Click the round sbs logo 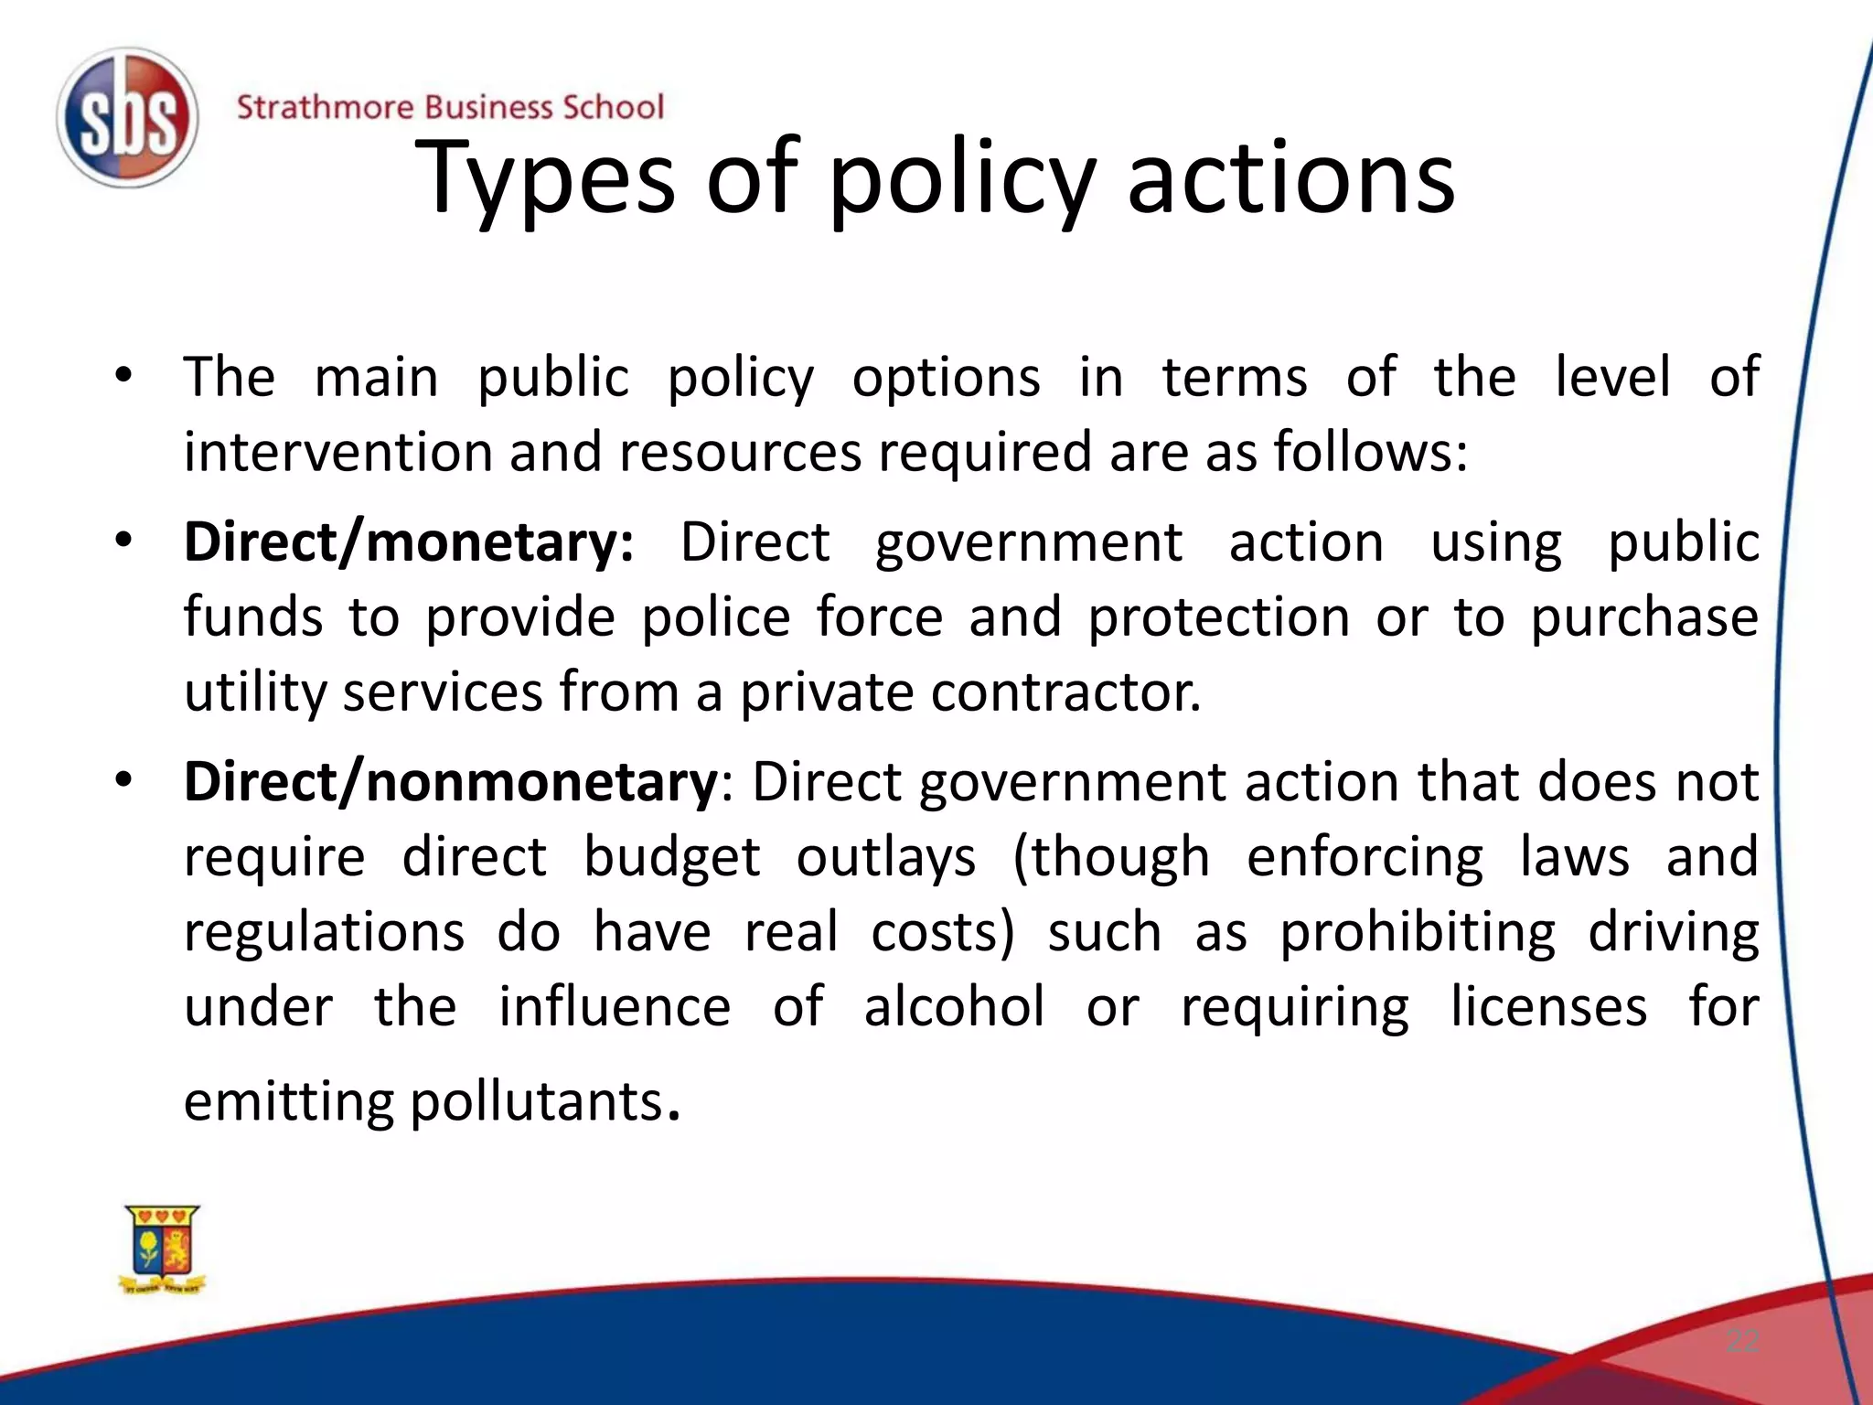tap(127, 118)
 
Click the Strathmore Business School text tap(450, 107)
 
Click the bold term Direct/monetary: tap(409, 542)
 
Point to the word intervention tap(338, 452)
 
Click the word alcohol tap(954, 1007)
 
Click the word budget tap(671, 858)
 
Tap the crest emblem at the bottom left tap(163, 1249)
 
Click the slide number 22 tap(1742, 1342)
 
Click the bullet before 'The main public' tap(124, 375)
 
